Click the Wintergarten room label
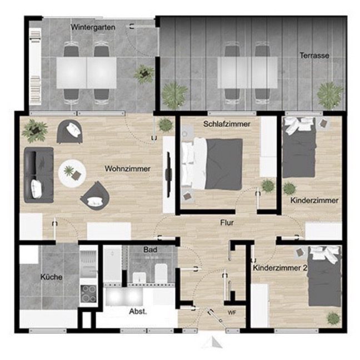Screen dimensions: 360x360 (x=93, y=27)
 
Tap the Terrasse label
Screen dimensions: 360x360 (x=314, y=56)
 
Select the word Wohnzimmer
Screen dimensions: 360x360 (x=128, y=169)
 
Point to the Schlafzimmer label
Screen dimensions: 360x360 (x=227, y=124)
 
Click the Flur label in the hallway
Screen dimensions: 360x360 (x=227, y=222)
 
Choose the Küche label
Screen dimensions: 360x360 (x=52, y=277)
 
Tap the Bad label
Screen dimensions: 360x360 (x=150, y=249)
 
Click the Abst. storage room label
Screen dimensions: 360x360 (x=138, y=312)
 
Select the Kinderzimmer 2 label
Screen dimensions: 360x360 (x=280, y=268)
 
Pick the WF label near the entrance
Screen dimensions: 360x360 (x=232, y=313)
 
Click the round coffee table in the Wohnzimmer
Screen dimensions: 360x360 (x=72, y=173)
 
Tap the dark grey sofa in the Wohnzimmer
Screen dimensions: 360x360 (x=39, y=175)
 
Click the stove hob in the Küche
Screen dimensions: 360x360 (x=89, y=294)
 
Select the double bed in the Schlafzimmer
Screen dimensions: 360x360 (x=212, y=163)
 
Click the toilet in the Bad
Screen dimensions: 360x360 (x=161, y=273)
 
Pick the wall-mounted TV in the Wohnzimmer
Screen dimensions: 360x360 (x=169, y=174)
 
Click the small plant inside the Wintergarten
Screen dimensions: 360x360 (x=144, y=74)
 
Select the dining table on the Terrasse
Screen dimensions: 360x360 (x=248, y=73)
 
